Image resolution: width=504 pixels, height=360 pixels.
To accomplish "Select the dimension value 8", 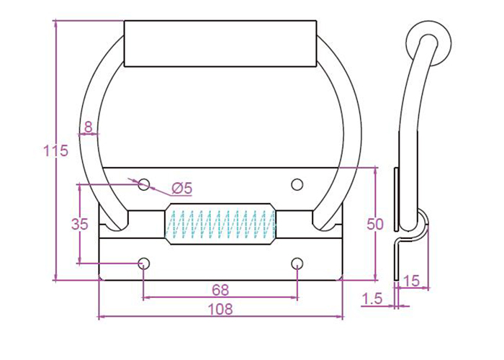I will (x=89, y=127).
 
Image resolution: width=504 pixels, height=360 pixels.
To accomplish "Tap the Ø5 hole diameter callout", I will (x=182, y=189).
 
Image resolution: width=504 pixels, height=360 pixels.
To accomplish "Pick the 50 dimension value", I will (x=375, y=224).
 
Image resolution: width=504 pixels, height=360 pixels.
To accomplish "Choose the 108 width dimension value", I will (x=220, y=310).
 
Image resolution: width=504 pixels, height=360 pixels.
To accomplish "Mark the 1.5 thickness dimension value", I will (x=373, y=297).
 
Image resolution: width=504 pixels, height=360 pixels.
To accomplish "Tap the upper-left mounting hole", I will (x=144, y=184).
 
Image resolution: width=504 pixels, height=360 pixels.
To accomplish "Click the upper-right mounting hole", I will (x=297, y=184).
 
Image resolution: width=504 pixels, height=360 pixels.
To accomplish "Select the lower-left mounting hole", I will (x=144, y=263).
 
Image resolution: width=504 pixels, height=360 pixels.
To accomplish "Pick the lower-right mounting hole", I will (x=297, y=263).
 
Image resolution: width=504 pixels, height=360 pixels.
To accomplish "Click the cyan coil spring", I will (x=220, y=224).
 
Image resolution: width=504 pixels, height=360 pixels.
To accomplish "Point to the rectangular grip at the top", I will (x=220, y=44).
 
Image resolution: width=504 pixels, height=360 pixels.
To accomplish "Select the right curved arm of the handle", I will (x=350, y=137).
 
